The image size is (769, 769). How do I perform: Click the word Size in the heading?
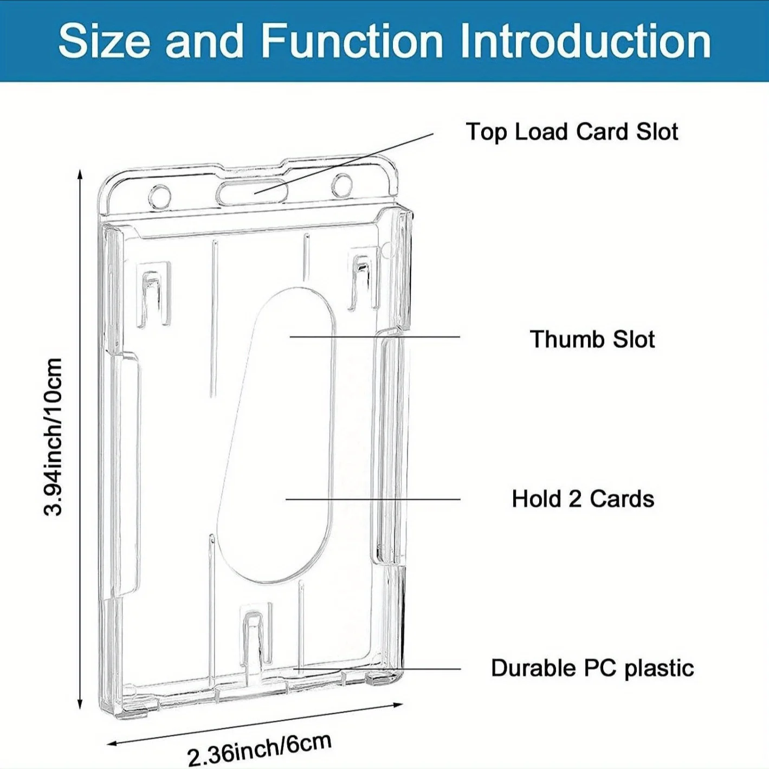(103, 41)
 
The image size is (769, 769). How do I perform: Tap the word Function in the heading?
(351, 41)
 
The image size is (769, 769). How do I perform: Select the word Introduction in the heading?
(585, 41)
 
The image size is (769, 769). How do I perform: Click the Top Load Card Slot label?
(572, 132)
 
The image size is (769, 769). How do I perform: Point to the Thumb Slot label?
(592, 339)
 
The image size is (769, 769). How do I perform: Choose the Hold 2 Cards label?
(583, 499)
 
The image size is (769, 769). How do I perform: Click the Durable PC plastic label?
(592, 668)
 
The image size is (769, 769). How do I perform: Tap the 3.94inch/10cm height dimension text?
(54, 437)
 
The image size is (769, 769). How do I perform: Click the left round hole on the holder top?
(159, 195)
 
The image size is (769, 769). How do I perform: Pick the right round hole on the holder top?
(342, 185)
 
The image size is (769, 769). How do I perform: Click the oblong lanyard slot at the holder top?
(252, 192)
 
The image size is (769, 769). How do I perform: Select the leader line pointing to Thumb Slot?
(374, 337)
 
